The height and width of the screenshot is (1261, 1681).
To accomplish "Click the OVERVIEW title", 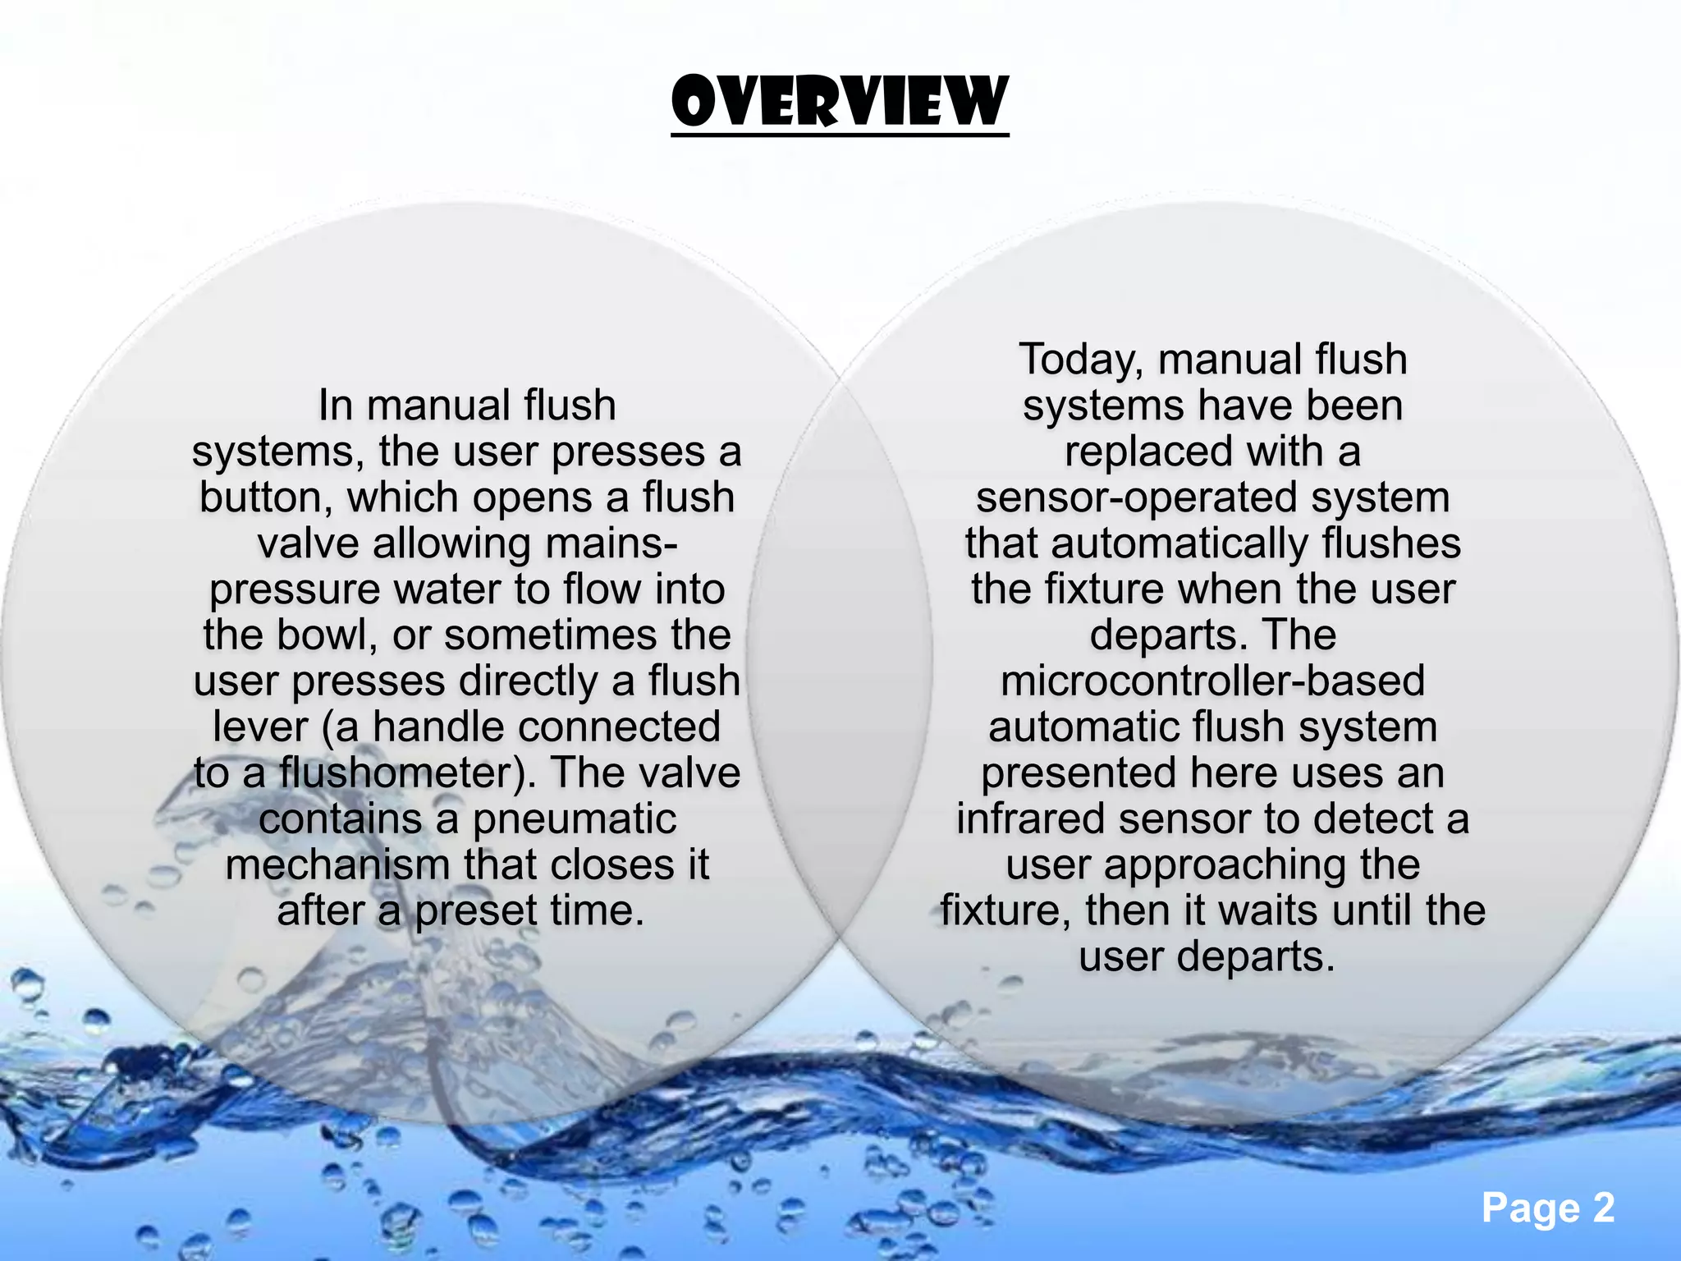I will pyautogui.click(x=840, y=103).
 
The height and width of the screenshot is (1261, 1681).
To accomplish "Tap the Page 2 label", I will pyautogui.click(x=1547, y=1208).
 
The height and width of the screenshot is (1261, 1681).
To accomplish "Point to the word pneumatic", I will pyautogui.click(x=575, y=820).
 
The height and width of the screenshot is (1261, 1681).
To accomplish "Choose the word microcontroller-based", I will pyautogui.click(x=1212, y=681).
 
